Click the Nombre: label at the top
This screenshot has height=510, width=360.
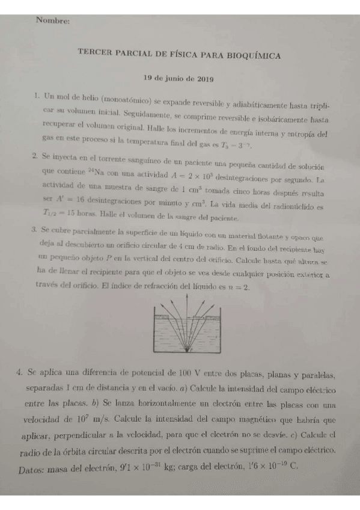(x=53, y=21)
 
